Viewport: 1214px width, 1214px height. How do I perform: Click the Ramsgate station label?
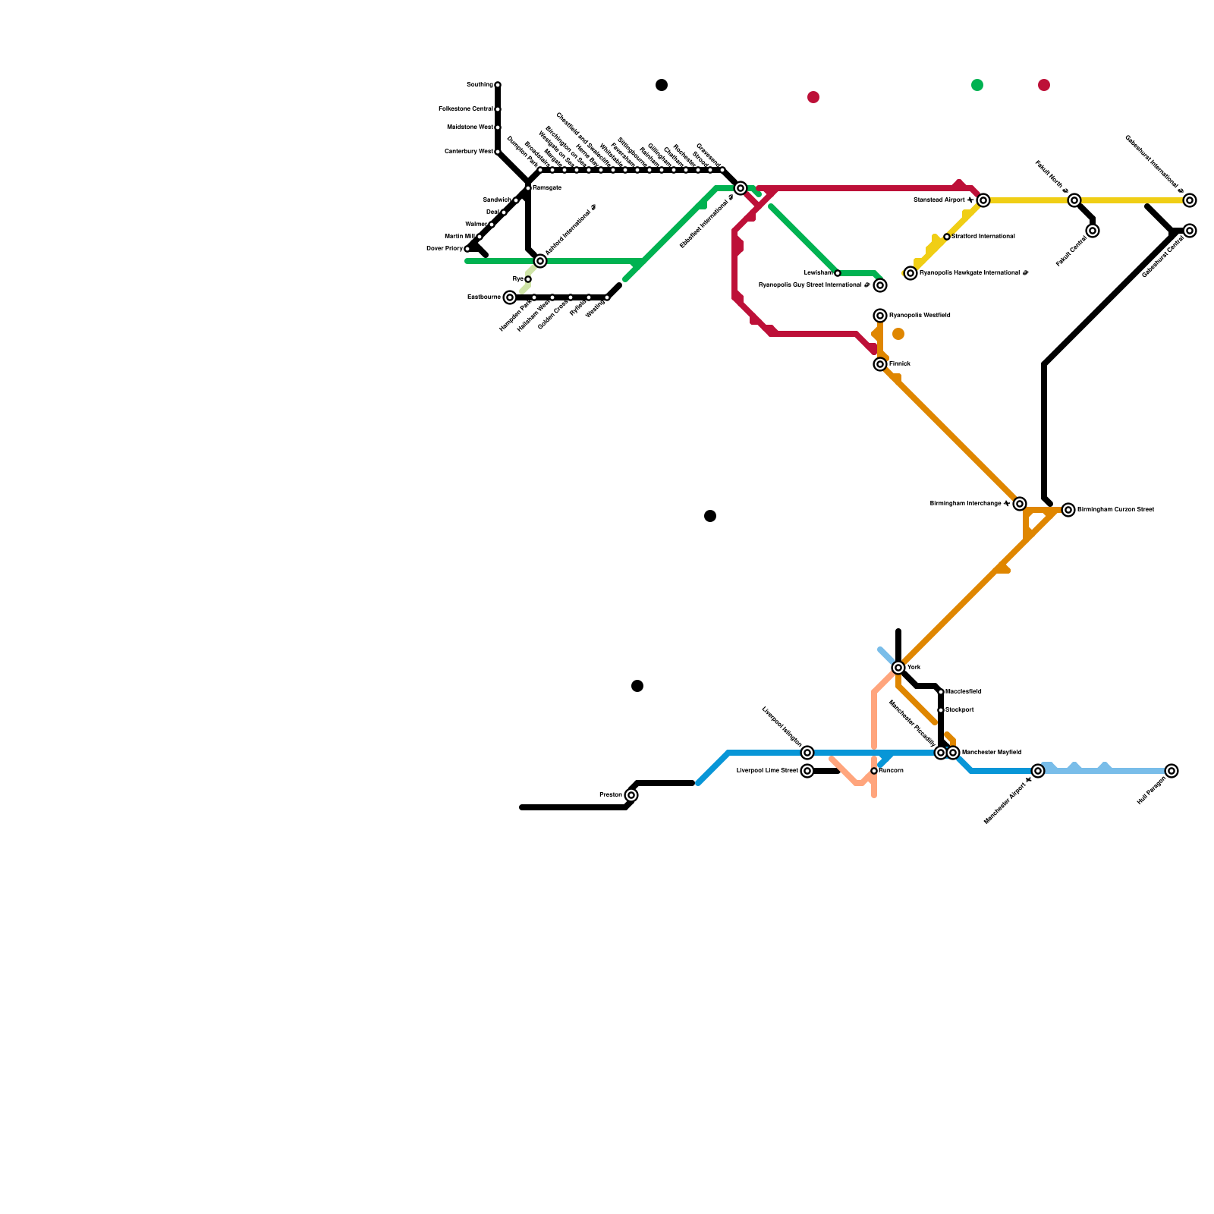(546, 187)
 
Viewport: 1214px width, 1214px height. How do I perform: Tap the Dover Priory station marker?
(467, 249)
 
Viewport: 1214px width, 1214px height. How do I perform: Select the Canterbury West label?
(469, 152)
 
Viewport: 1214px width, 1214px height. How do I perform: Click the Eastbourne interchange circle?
(510, 297)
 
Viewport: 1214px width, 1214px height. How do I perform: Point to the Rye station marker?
(528, 279)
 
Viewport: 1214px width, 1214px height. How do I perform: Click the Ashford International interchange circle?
(540, 261)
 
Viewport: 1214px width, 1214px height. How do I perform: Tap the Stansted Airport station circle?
(983, 200)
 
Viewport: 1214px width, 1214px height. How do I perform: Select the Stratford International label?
(983, 237)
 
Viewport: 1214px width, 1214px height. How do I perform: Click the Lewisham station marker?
(838, 273)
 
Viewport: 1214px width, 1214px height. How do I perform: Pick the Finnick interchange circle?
(880, 364)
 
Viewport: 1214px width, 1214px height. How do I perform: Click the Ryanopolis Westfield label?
(920, 315)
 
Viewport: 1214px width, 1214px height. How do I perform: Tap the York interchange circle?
(898, 668)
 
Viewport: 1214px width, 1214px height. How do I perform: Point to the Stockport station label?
(960, 710)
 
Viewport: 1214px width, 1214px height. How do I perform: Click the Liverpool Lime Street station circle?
(807, 771)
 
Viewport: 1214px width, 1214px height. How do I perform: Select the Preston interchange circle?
(631, 795)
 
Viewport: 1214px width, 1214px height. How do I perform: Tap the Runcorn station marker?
(874, 771)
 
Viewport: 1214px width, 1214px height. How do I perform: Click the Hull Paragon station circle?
(1172, 771)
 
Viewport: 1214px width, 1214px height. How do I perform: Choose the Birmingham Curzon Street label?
(1115, 509)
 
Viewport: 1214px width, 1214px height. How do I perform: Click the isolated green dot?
(977, 85)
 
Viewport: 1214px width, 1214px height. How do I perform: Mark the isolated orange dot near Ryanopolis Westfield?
(898, 334)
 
